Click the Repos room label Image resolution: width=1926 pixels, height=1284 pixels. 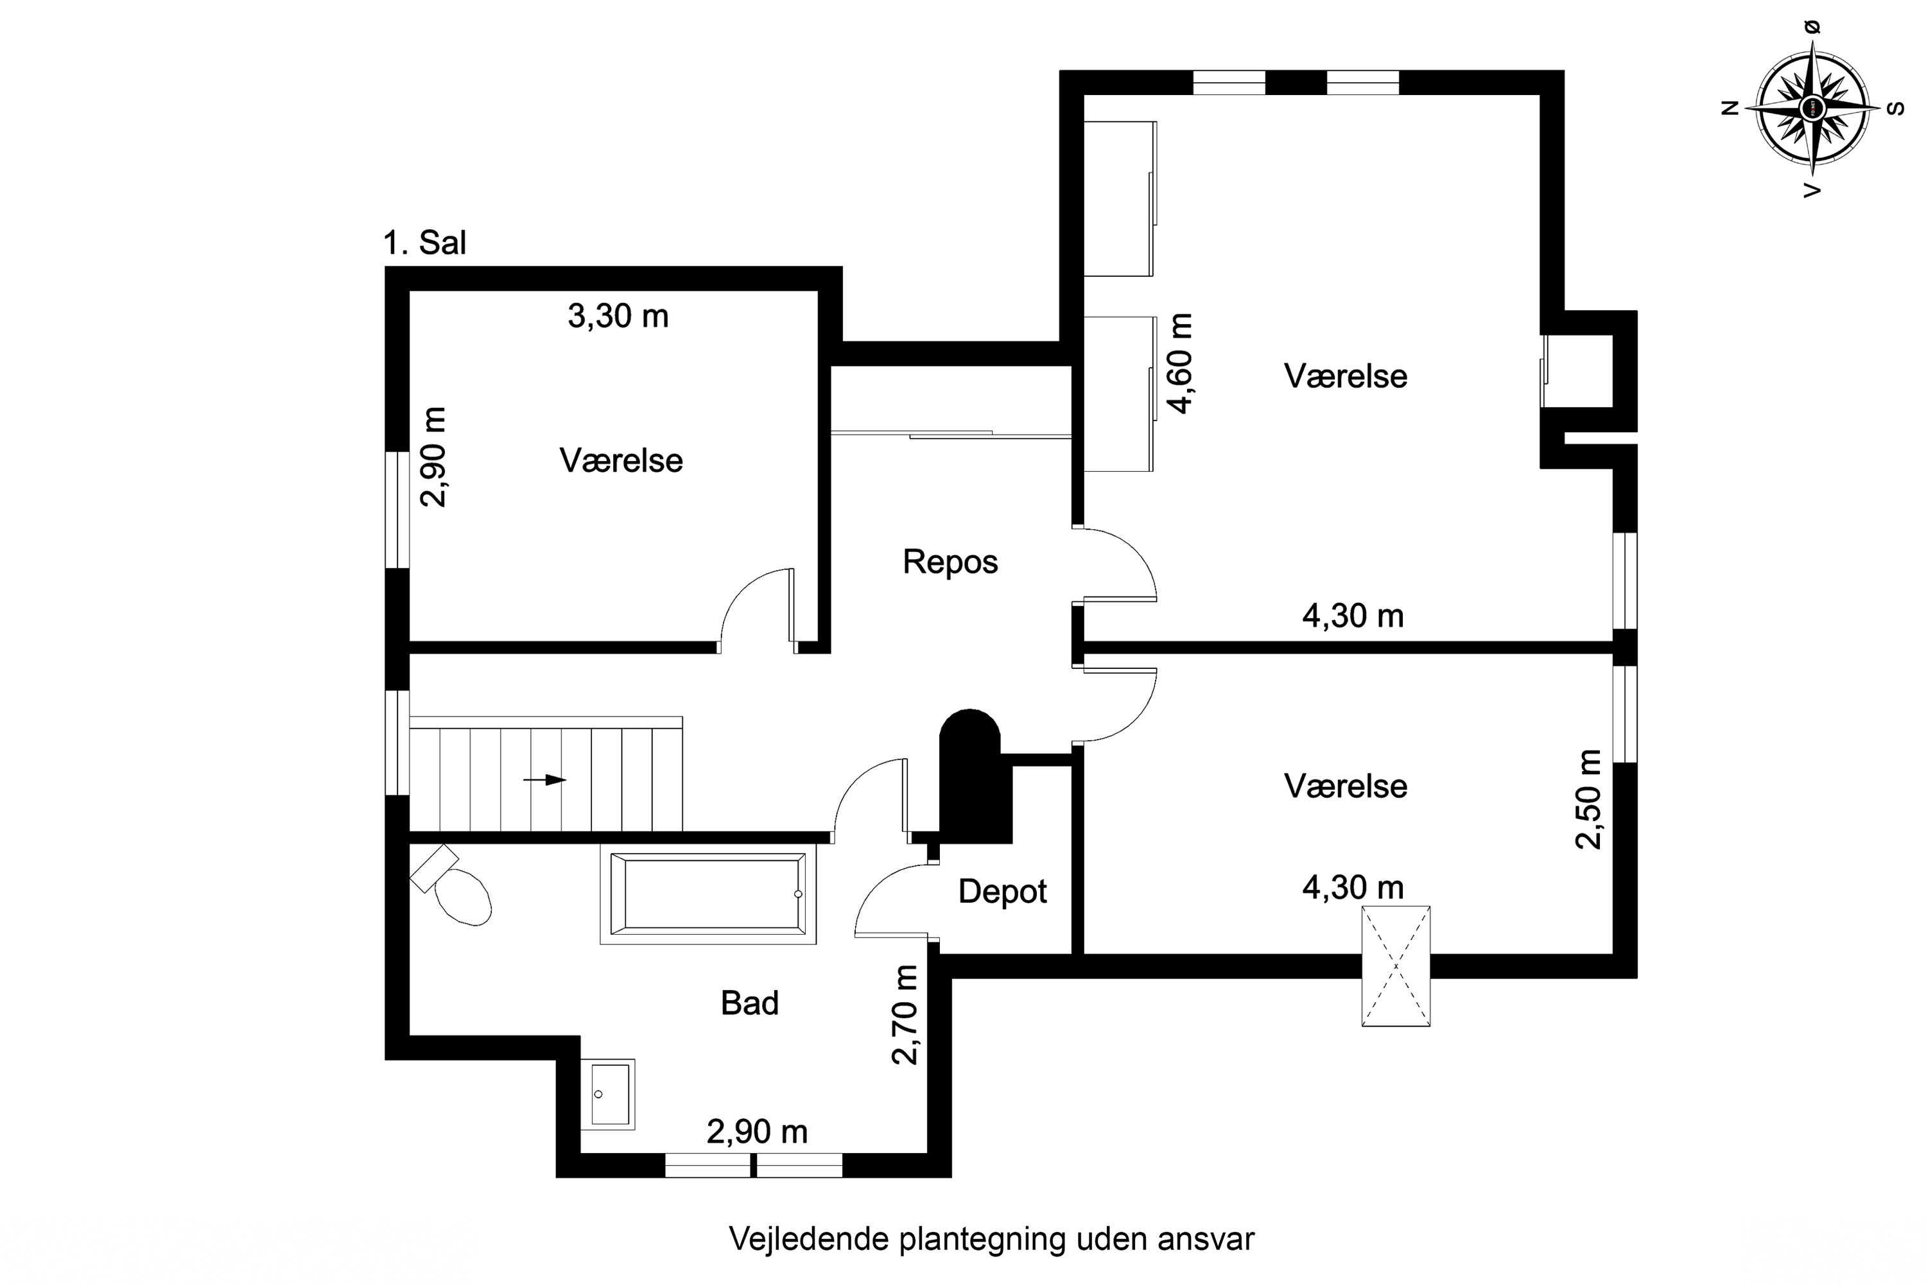950,562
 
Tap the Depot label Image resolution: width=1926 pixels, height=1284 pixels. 1002,892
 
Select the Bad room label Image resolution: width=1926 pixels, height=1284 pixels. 749,1003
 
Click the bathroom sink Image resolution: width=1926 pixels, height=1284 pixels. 607,1095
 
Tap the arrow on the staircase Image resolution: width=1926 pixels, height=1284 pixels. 544,779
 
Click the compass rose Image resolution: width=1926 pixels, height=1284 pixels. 1812,107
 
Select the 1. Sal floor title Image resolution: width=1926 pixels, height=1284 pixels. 425,243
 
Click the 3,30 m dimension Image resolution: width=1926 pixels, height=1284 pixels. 618,316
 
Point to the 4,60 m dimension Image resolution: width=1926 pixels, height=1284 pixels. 1180,363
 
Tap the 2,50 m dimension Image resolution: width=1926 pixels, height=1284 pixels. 1588,799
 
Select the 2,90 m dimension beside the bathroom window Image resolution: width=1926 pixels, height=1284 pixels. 758,1132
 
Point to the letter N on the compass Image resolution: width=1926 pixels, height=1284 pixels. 1730,107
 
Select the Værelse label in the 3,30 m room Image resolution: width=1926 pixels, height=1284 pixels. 621,461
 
